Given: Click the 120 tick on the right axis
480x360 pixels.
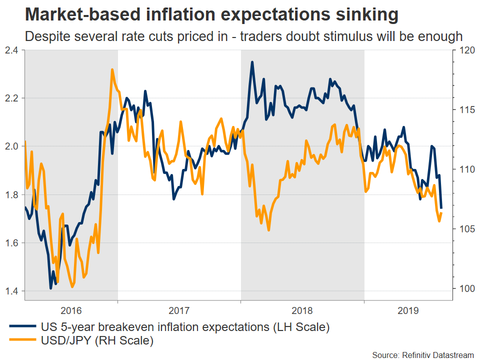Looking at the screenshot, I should pyautogui.click(x=464, y=50).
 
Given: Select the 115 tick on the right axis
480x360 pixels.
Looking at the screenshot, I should pyautogui.click(x=464, y=109).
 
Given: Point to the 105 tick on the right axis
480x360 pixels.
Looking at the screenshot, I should pyautogui.click(x=464, y=228).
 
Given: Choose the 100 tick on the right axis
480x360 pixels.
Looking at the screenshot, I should pyautogui.click(x=464, y=288).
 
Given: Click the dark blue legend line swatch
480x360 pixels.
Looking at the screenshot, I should pyautogui.click(x=23, y=327).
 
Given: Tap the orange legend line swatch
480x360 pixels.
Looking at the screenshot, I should pyautogui.click(x=23, y=341).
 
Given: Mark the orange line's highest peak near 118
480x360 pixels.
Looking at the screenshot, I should pyautogui.click(x=112, y=69).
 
